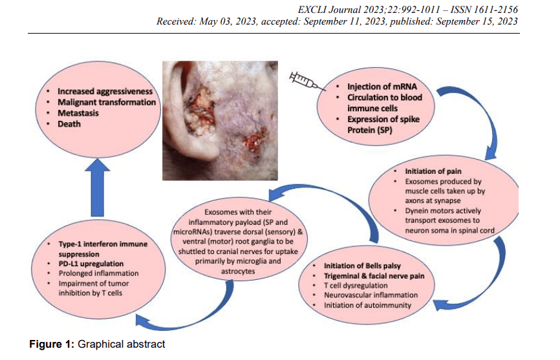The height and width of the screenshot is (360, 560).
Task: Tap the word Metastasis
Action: [x=78, y=113]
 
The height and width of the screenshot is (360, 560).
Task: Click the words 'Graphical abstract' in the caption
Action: [x=122, y=344]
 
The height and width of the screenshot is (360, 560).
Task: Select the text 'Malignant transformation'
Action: [x=107, y=102]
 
